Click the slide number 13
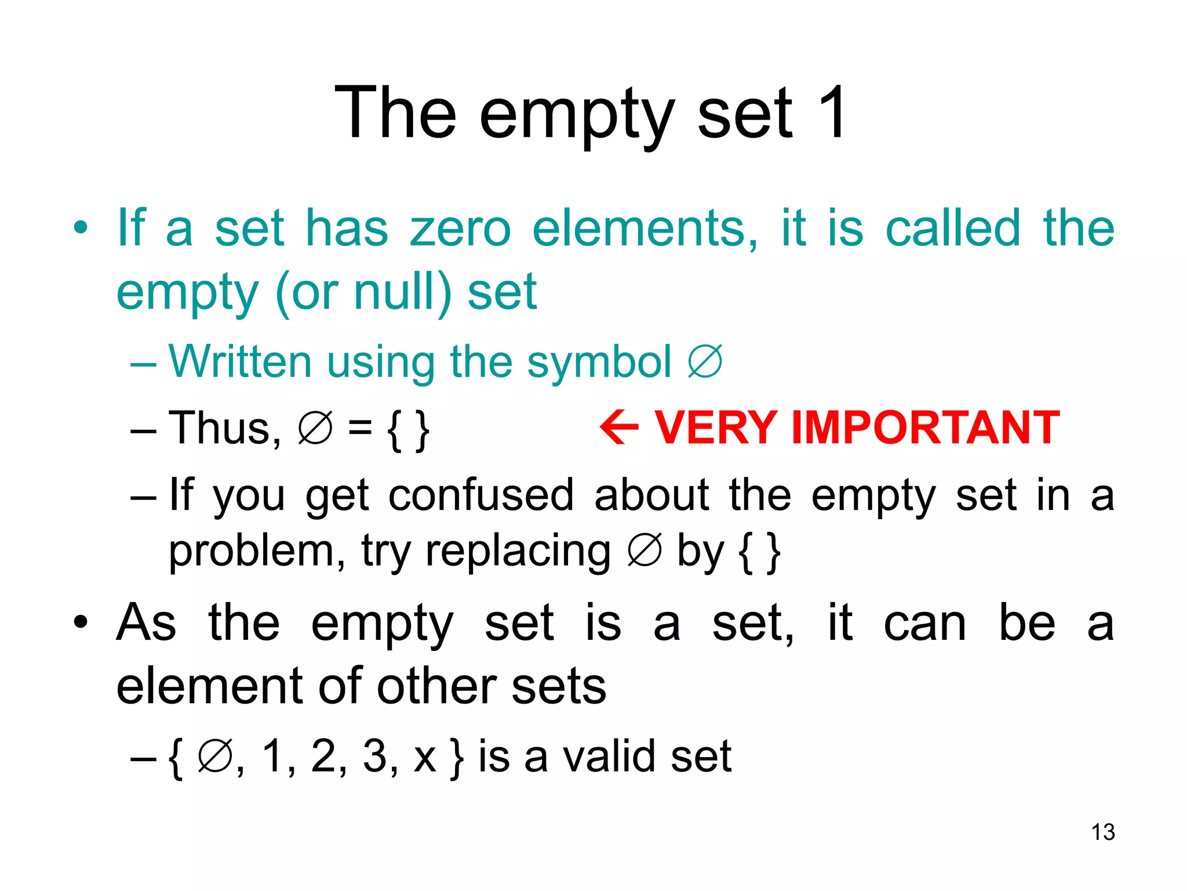(1103, 832)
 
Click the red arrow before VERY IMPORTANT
(619, 427)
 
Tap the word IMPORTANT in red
(926, 428)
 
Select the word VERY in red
(716, 428)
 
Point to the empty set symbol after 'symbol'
(705, 362)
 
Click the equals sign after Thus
(360, 428)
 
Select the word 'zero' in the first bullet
(460, 228)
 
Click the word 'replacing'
(518, 552)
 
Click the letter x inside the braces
(425, 758)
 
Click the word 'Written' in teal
(240, 361)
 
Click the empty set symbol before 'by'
(645, 550)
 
